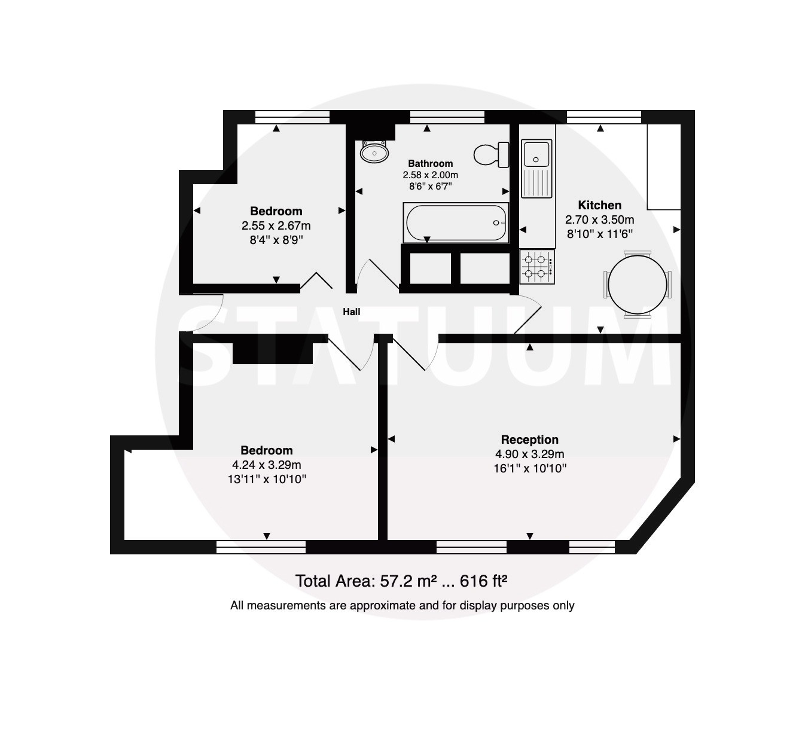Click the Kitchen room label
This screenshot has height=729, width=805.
599,205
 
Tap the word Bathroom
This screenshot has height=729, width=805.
430,163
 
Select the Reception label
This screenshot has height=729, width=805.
530,440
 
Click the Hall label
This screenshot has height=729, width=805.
351,312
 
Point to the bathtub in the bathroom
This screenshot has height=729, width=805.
456,223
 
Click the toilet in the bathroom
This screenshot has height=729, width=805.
492,154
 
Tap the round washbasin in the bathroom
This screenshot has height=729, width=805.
374,152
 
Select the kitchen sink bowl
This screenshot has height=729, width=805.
536,154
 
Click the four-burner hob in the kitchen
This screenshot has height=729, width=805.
537,267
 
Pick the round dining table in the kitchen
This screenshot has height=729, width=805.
638,285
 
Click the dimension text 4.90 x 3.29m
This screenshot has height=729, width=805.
530,454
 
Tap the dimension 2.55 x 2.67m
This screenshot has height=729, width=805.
276,225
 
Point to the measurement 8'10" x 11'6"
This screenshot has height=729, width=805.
599,234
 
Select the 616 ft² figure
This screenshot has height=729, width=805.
484,581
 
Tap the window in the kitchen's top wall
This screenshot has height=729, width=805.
604,117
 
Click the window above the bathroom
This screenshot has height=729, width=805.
447,117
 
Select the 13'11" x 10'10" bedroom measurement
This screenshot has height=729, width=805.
267,479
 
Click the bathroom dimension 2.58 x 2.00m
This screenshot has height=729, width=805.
430,175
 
